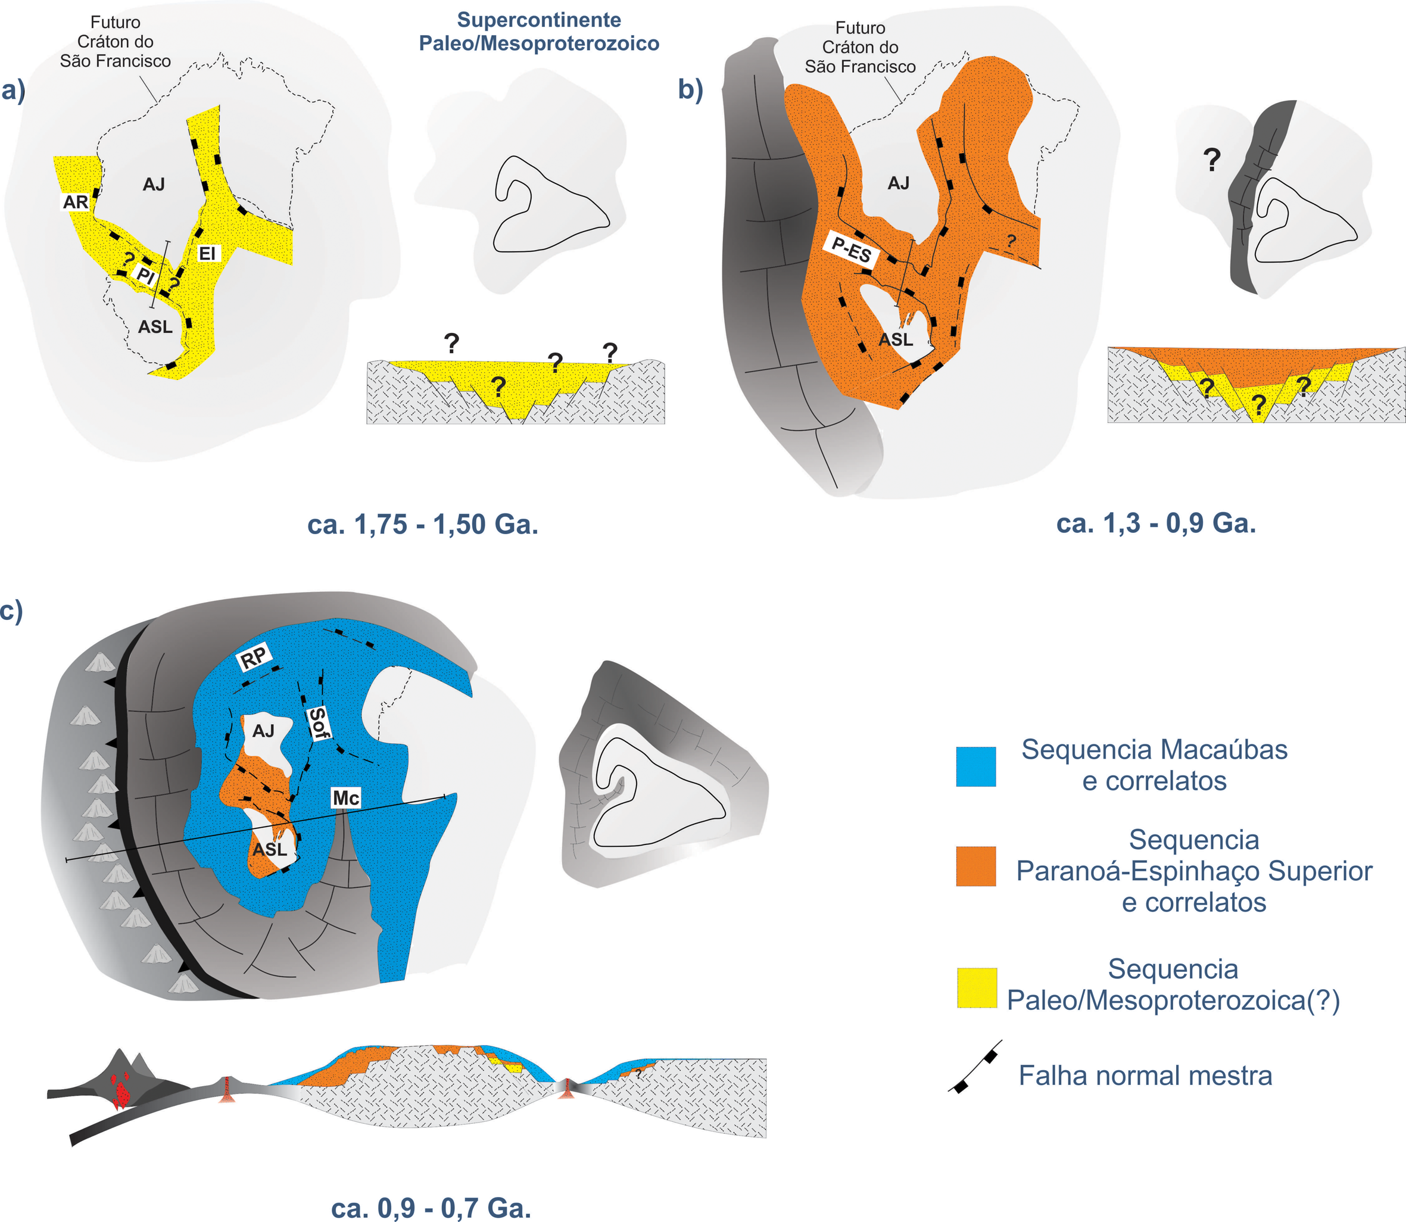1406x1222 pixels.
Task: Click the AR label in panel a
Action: point(75,202)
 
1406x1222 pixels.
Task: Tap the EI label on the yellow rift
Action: point(207,254)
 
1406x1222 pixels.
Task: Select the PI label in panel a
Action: point(146,276)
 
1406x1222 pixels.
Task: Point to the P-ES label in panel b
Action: point(852,250)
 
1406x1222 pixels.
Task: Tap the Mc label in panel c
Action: point(346,798)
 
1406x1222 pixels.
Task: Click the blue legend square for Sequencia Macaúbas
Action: point(976,766)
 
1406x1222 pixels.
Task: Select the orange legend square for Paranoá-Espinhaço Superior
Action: point(976,866)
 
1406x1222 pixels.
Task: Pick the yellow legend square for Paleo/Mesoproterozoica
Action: point(977,987)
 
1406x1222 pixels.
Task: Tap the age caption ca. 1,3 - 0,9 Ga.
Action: point(1156,523)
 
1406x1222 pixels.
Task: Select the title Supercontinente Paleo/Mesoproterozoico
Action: point(539,32)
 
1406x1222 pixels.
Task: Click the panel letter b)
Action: point(690,89)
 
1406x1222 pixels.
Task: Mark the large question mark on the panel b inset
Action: point(1211,160)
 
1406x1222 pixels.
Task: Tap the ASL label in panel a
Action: point(155,328)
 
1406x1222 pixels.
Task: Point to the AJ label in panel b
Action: point(898,183)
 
